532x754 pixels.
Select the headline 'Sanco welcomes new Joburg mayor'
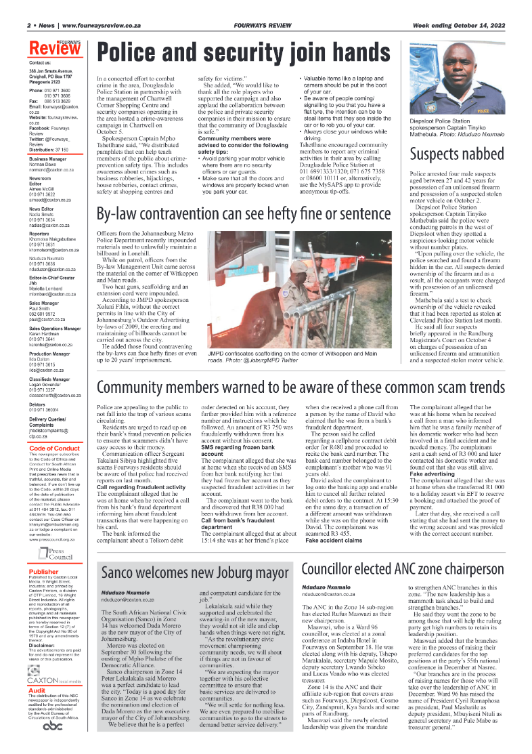(195, 572)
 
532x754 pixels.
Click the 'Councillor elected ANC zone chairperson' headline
(403, 568)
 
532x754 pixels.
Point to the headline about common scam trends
(301, 387)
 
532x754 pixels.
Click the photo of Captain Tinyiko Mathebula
(458, 87)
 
